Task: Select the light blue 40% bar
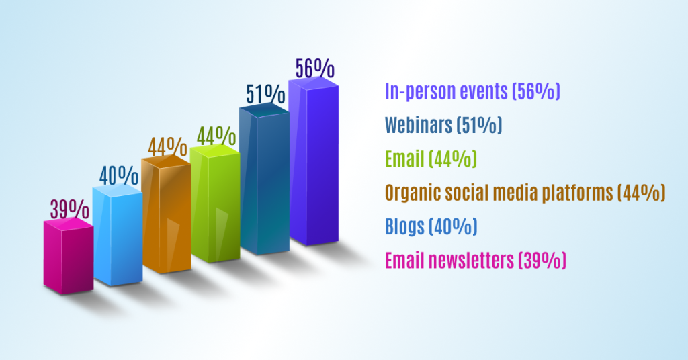(118, 236)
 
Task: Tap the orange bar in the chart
(167, 214)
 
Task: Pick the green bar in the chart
(216, 204)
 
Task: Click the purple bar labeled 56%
(313, 162)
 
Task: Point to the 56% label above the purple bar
(314, 69)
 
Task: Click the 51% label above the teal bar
(265, 94)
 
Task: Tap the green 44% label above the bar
(216, 136)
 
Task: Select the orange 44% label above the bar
(167, 146)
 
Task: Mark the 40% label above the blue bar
(119, 176)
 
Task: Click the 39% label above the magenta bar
(70, 209)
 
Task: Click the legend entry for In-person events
(472, 91)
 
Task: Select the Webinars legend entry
(443, 125)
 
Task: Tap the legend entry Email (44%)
(431, 159)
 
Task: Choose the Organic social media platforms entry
(525, 193)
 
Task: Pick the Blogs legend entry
(431, 226)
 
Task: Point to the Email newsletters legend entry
(476, 260)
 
